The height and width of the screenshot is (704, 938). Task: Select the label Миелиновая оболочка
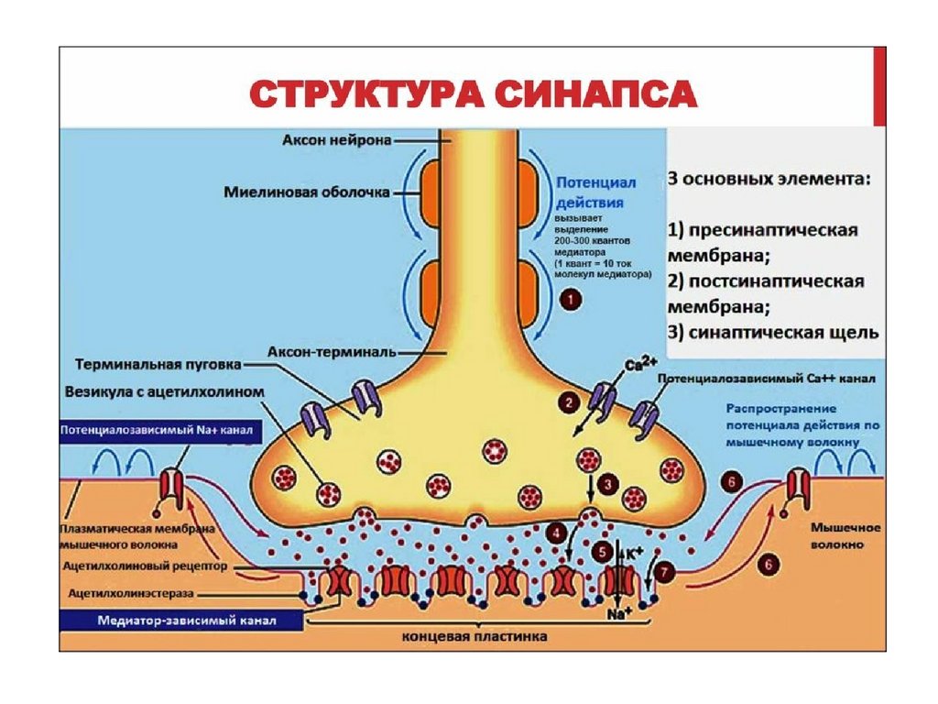(307, 192)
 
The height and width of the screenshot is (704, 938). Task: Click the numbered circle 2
(569, 401)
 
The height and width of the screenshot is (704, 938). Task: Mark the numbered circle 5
(601, 553)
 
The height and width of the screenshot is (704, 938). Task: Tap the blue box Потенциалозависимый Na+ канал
(157, 429)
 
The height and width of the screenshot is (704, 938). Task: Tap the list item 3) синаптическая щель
(772, 331)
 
